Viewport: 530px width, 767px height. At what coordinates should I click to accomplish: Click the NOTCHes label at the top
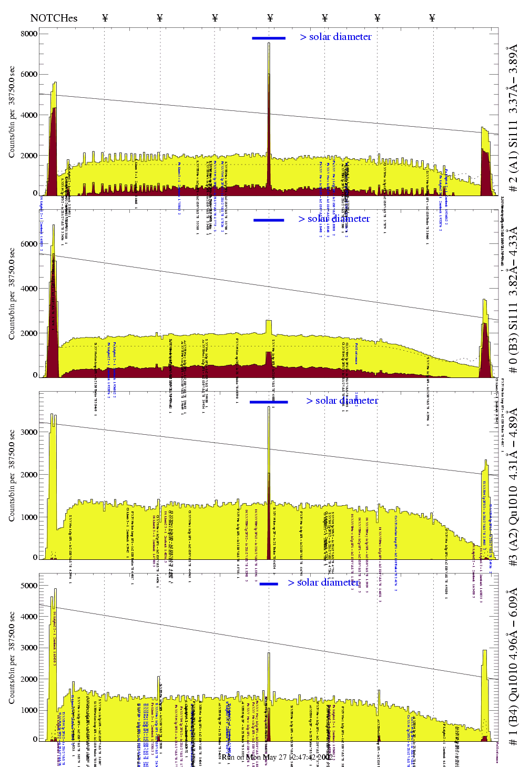click(54, 18)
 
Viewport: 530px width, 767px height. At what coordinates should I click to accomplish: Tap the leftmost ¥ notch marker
click(105, 18)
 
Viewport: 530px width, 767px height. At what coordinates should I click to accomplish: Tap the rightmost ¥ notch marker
click(432, 18)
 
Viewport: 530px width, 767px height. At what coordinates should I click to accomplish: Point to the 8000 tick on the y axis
click(29, 34)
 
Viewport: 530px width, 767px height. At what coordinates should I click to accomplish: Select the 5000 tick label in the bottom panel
click(29, 586)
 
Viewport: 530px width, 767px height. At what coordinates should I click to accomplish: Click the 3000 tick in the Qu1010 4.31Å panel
click(29, 432)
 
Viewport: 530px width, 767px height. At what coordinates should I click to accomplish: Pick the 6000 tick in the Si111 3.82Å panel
click(29, 244)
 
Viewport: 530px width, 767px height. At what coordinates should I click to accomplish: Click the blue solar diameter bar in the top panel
click(269, 38)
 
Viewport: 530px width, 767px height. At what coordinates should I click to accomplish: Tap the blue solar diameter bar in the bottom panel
click(269, 584)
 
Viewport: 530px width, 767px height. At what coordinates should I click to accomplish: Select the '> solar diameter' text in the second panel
click(334, 219)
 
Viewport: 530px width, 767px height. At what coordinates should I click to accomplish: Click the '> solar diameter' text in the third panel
click(342, 401)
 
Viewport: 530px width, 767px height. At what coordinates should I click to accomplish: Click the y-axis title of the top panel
click(12, 112)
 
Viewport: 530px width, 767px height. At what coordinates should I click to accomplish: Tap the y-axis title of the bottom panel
click(12, 657)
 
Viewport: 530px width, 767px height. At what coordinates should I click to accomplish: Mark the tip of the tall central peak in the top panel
click(269, 43)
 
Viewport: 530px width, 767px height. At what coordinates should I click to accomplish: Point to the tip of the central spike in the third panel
click(269, 406)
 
